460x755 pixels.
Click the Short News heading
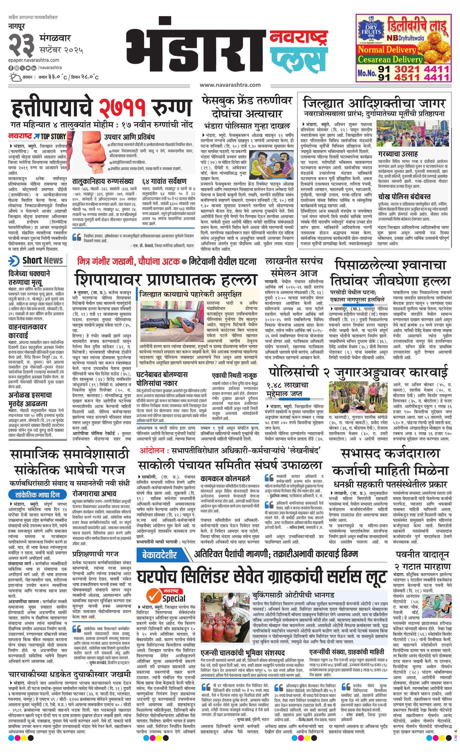coord(43,260)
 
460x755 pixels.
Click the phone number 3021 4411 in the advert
coord(421,70)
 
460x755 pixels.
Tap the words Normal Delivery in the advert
coord(387,50)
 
